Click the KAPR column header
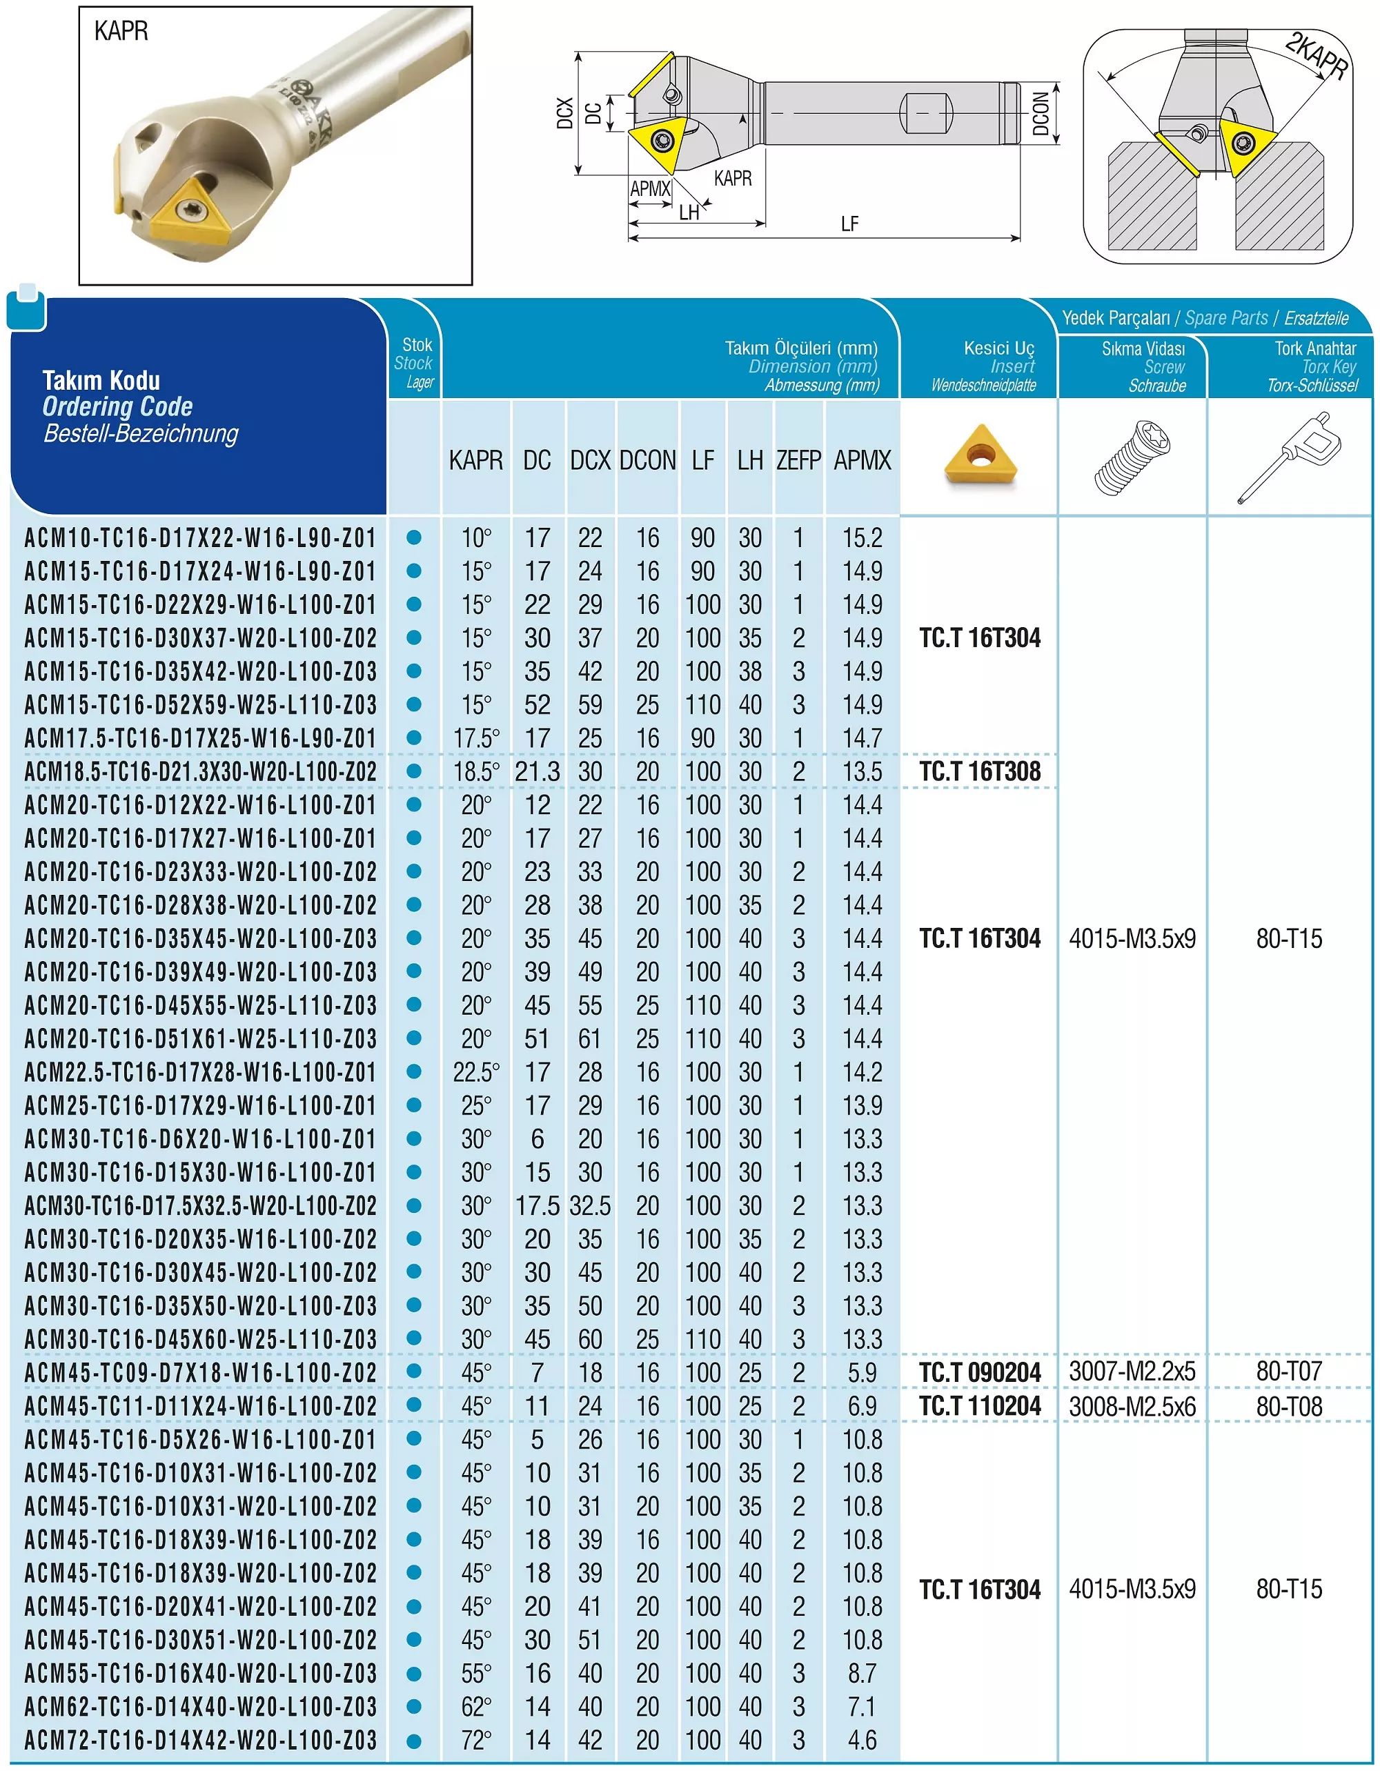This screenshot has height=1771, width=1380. click(476, 461)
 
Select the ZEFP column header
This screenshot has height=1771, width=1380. click(798, 461)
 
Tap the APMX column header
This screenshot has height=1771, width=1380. click(862, 461)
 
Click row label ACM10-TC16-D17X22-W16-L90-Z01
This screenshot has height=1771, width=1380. click(200, 537)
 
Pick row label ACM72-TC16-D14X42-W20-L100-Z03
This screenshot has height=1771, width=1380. click(200, 1740)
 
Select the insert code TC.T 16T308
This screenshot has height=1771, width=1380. click(980, 771)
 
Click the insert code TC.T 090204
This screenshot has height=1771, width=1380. click(980, 1373)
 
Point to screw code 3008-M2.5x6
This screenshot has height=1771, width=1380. click(1132, 1407)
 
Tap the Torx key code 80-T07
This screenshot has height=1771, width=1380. click(1289, 1372)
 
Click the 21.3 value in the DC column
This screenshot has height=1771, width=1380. click(537, 772)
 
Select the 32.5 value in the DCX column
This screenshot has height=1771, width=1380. click(589, 1206)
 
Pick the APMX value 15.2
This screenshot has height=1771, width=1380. click(862, 537)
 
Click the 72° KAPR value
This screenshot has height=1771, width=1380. click(476, 1740)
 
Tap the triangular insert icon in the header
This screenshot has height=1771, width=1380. click(980, 456)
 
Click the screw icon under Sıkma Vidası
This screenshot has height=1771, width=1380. click(1132, 458)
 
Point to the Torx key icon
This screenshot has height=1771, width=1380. click(1289, 458)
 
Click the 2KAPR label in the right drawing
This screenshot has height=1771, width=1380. click(1316, 55)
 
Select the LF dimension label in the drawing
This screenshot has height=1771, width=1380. click(849, 224)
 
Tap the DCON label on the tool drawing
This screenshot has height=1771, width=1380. click(1041, 114)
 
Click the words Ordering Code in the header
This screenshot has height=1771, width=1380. click(117, 406)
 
